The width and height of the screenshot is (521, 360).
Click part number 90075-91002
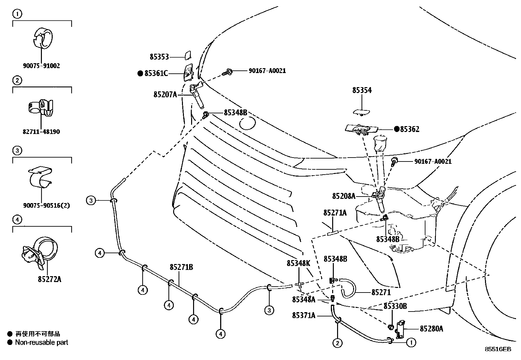pyautogui.click(x=41, y=66)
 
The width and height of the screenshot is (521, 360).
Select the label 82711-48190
pyautogui.click(x=41, y=132)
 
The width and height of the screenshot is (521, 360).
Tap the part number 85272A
pyautogui.click(x=50, y=279)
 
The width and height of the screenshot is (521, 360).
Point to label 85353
pyautogui.click(x=159, y=57)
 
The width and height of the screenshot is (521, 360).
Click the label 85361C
pyautogui.click(x=156, y=73)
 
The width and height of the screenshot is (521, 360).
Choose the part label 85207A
pyautogui.click(x=165, y=95)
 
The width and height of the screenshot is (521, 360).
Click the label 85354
pyautogui.click(x=362, y=90)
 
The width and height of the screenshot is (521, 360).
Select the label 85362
pyautogui.click(x=410, y=129)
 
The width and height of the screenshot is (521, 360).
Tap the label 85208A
pyautogui.click(x=344, y=196)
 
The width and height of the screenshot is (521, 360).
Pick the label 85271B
pyautogui.click(x=181, y=267)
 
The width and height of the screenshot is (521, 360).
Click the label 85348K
pyautogui.click(x=298, y=263)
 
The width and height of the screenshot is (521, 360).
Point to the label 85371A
pyautogui.click(x=304, y=315)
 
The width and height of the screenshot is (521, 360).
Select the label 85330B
pyautogui.click(x=395, y=306)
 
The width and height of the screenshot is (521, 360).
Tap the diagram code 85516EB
pyautogui.click(x=498, y=349)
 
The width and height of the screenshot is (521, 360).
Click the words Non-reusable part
pyautogui.click(x=42, y=343)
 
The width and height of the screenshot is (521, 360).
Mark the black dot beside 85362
pyautogui.click(x=397, y=129)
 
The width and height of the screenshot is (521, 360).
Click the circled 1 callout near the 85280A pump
pyautogui.click(x=411, y=343)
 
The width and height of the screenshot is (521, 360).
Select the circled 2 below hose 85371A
pyautogui.click(x=337, y=343)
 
